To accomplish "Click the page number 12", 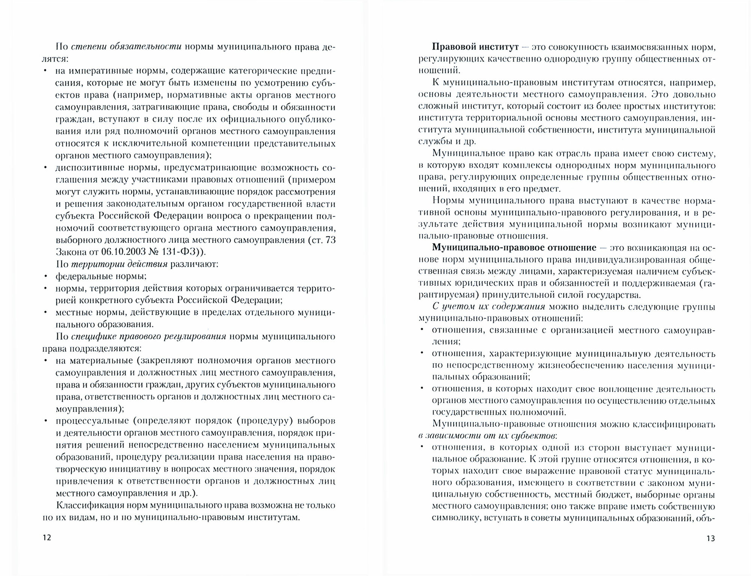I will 47,537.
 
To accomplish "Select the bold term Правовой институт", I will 475,47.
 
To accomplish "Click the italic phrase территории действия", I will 119,264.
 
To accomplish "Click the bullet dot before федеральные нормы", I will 45,277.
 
